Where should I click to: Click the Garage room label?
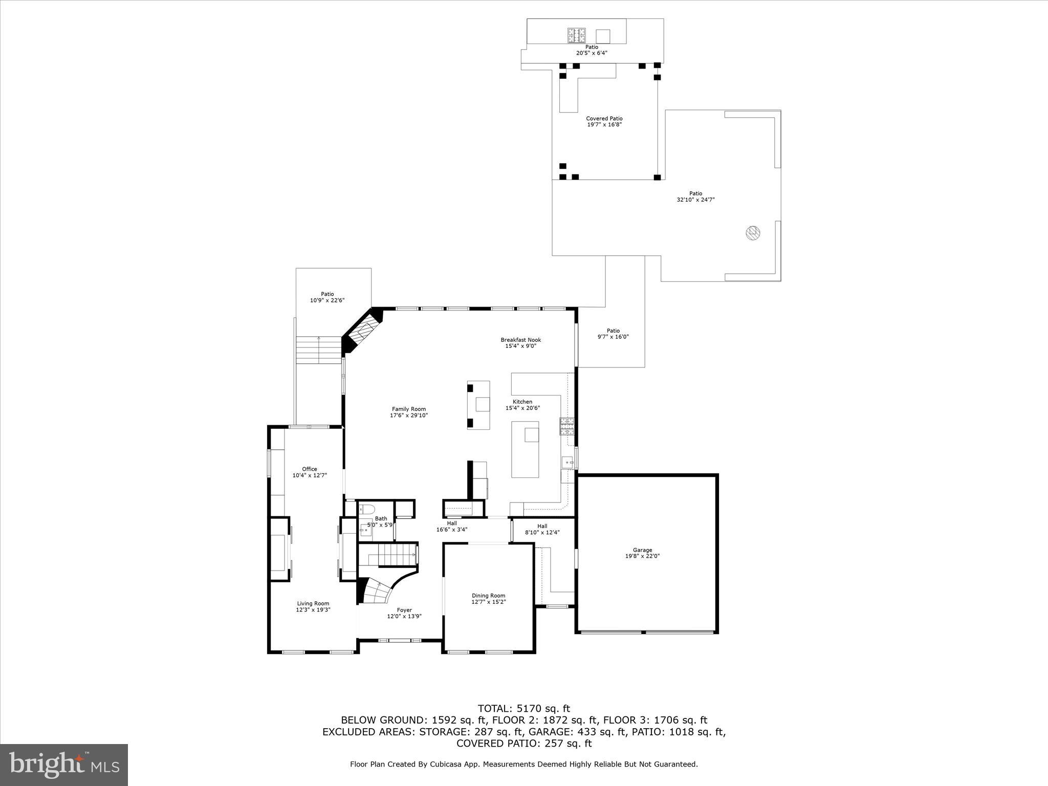pos(642,550)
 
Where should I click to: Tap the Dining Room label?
pos(488,596)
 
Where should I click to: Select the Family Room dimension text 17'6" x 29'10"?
pos(408,416)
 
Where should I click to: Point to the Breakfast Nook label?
pos(520,340)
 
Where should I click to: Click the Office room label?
pos(309,469)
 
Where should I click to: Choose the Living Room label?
pos(313,603)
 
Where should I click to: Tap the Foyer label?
pos(404,610)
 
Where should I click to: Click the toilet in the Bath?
pos(367,509)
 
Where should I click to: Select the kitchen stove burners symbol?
pos(566,426)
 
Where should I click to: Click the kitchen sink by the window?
pos(567,463)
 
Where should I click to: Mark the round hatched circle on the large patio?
pos(752,233)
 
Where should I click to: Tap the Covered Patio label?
pos(604,119)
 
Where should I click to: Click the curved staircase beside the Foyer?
pos(376,593)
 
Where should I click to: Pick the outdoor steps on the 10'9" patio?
pos(318,350)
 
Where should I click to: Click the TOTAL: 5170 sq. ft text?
pos(523,709)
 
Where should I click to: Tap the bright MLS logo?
pos(64,765)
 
